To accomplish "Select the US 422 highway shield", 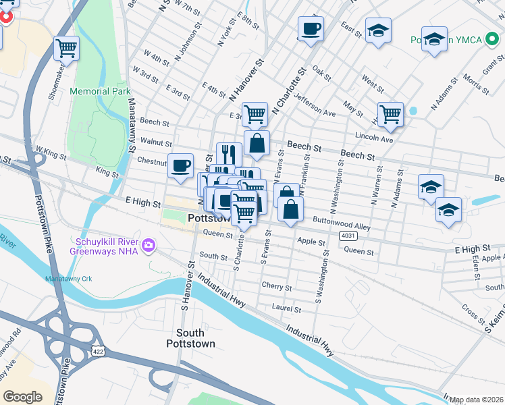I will (98, 350).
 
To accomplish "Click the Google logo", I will (22, 397).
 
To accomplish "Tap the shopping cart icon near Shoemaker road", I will (67, 48).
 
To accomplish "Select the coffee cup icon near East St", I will (311, 29).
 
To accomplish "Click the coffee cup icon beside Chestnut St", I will (180, 166).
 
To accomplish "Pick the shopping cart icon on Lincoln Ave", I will (390, 114).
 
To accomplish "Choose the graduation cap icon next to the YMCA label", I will (434, 38).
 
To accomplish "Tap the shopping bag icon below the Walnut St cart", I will (257, 143).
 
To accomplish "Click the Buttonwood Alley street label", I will (341, 223).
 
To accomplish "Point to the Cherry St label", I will (276, 287).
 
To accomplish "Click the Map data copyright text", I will (476, 400).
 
